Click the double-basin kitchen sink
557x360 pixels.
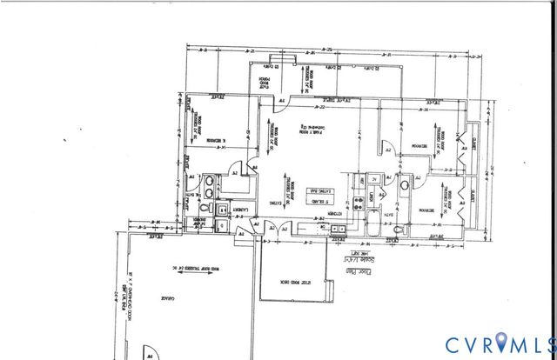[x=337, y=230]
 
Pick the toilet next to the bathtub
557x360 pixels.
[x=398, y=230]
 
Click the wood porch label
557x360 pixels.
[x=263, y=83]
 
